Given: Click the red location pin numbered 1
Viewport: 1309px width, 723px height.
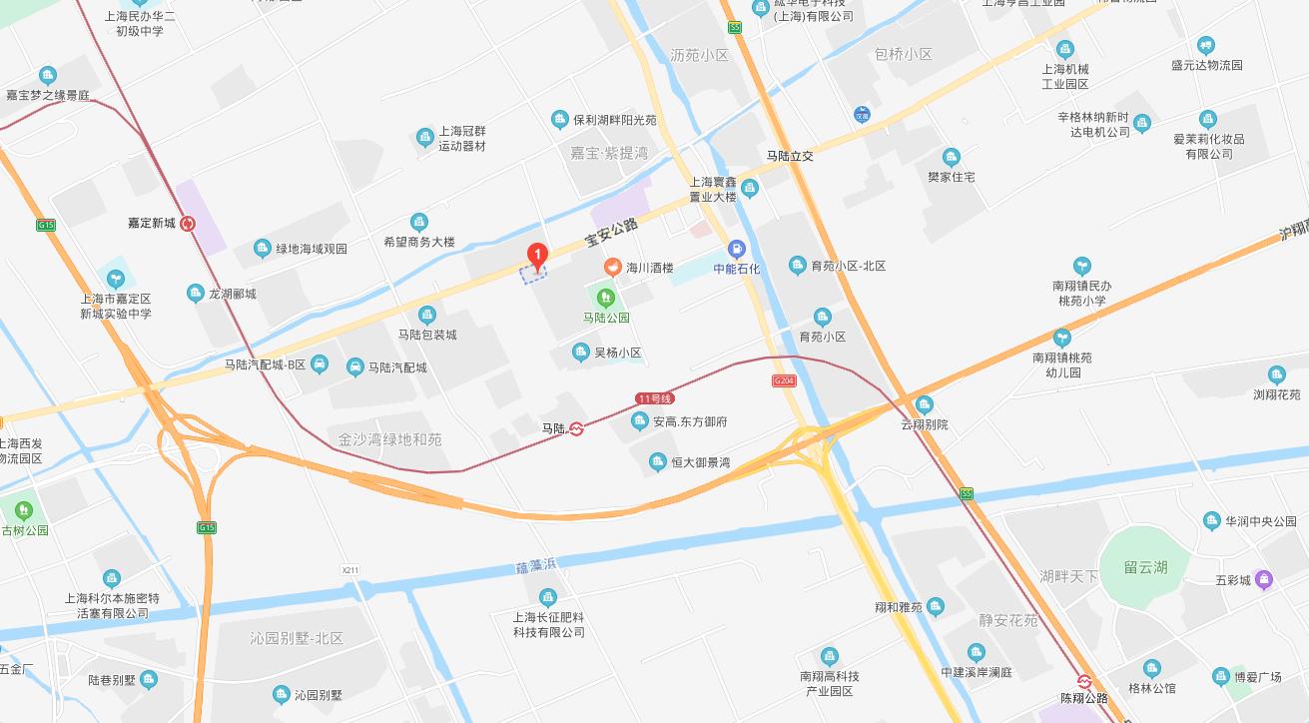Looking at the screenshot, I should click(x=537, y=257).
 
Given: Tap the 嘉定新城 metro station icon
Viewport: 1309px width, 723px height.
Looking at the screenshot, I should click(x=187, y=223).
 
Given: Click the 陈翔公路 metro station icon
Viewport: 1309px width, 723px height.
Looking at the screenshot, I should click(x=1084, y=682).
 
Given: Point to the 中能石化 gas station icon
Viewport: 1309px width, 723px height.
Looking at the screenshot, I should click(x=737, y=249).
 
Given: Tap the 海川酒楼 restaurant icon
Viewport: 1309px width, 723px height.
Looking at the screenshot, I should click(x=612, y=268).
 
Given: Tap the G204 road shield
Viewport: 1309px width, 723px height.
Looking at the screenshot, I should click(x=784, y=380).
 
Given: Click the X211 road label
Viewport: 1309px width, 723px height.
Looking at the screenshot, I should click(x=349, y=569).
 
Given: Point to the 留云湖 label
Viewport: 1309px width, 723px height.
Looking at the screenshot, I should click(x=1145, y=567).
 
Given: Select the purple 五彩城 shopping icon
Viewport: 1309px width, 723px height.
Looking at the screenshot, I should click(x=1264, y=578).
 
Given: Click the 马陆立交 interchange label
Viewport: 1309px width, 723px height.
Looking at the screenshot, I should click(x=790, y=156).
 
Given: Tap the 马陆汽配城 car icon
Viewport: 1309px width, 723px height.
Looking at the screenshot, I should click(x=354, y=367).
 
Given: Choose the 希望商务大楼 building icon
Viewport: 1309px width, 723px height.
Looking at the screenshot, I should click(x=419, y=222).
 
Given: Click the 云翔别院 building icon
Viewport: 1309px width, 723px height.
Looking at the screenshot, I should click(x=924, y=404).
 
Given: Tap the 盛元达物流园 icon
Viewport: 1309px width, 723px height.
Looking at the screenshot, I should click(x=1206, y=45).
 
